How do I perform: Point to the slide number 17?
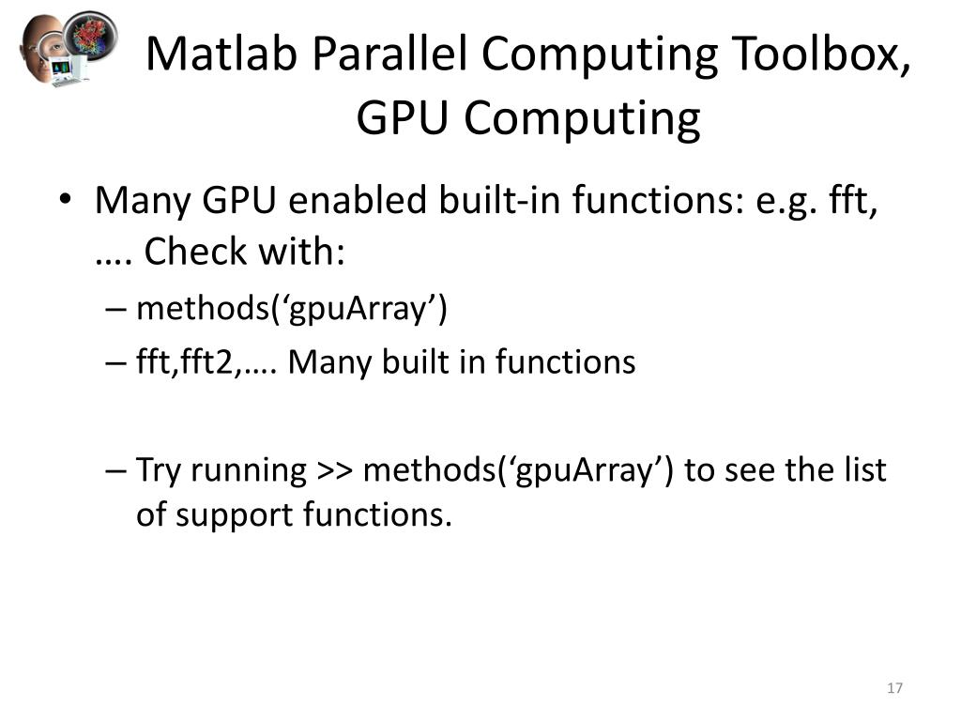pyautogui.click(x=893, y=689)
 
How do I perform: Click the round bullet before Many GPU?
pyautogui.click(x=65, y=201)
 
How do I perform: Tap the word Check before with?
pyautogui.click(x=194, y=251)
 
